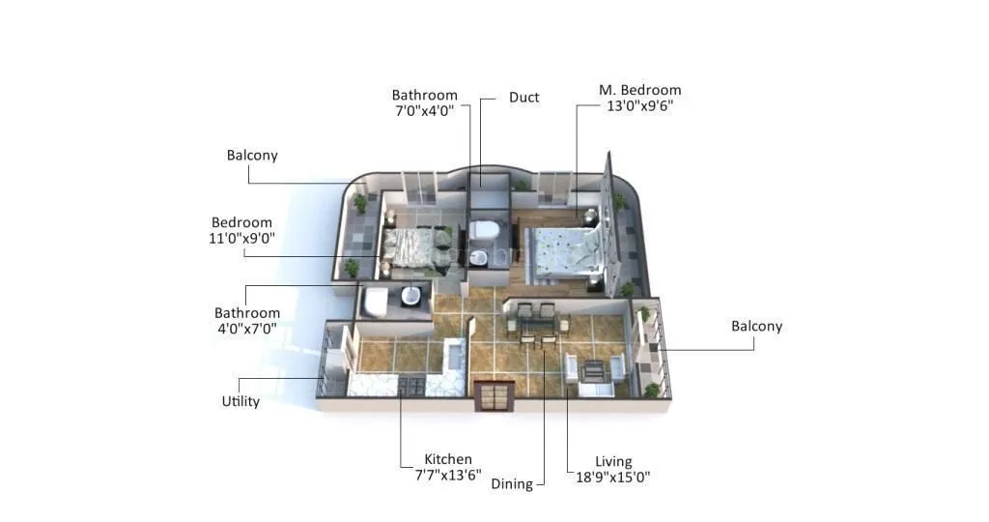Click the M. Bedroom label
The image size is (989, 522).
click(x=639, y=90)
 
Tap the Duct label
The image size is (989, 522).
click(x=523, y=98)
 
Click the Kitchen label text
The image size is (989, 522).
click(x=448, y=459)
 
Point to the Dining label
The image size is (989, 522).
click(x=512, y=483)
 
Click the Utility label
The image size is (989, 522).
click(x=240, y=401)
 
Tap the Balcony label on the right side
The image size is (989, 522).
click(x=756, y=327)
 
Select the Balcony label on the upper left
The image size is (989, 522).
click(x=252, y=155)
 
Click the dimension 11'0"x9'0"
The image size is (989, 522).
click(x=242, y=239)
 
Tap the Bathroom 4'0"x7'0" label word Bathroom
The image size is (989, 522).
click(x=247, y=313)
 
